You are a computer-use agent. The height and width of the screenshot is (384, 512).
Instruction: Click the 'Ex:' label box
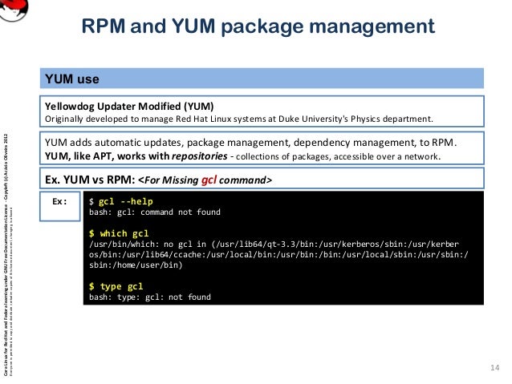pos(59,201)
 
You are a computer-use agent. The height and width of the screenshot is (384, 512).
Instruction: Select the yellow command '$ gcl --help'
pos(120,201)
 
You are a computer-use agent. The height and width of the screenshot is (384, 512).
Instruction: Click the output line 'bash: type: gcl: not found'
pos(149,297)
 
